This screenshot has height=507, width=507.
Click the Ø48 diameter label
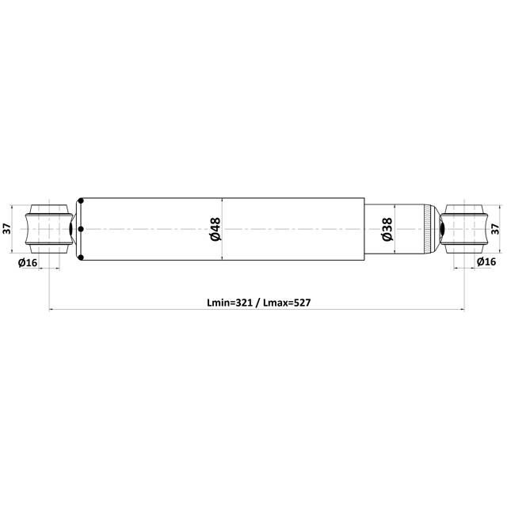[x=215, y=229]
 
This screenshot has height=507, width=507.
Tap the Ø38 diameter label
[x=387, y=229]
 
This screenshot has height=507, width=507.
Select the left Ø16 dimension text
[x=28, y=262]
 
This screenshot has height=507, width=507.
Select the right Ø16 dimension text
[x=486, y=261]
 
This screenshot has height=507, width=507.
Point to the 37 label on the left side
[x=7, y=229]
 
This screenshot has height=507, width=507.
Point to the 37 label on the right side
[x=495, y=229]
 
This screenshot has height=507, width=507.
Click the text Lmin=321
[x=230, y=303]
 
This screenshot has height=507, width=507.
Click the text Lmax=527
[x=287, y=303]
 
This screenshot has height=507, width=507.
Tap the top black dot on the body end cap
[x=81, y=200]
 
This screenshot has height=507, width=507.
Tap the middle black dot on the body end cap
[x=81, y=229]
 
